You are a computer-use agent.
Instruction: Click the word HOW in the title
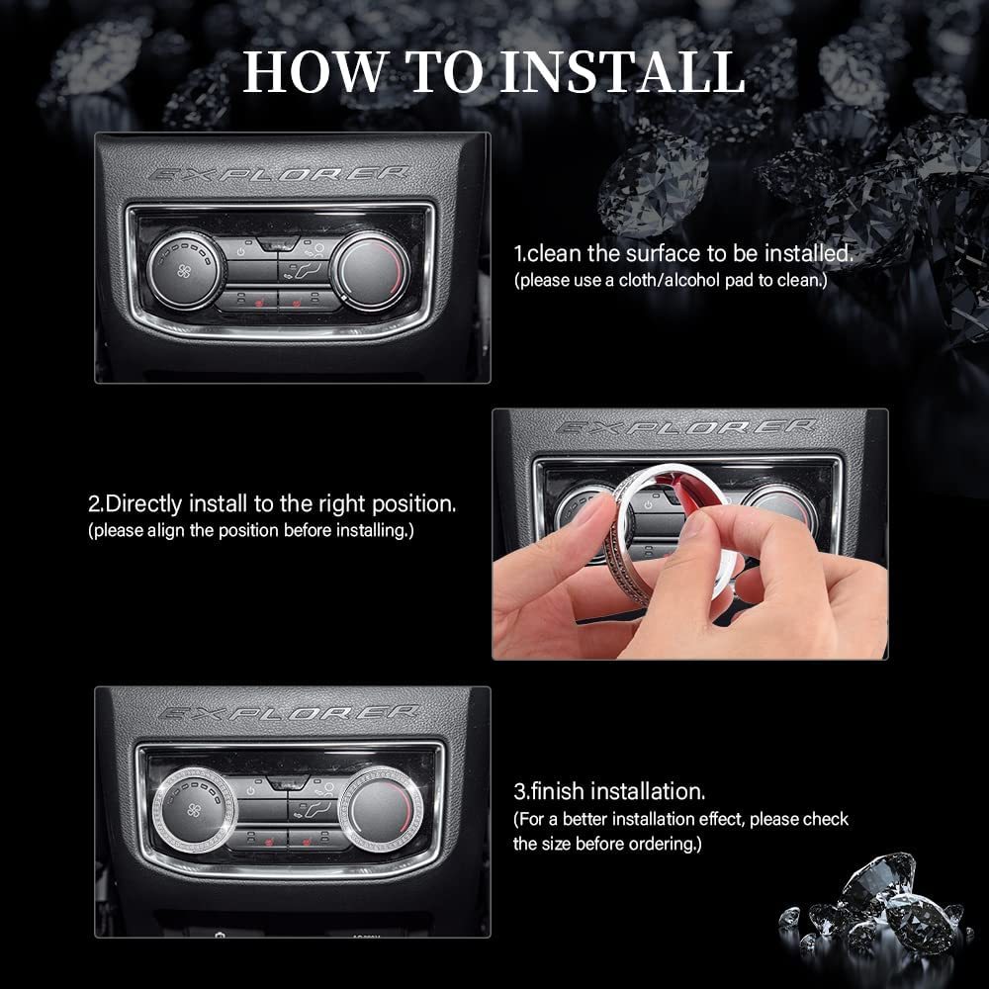pos(315,71)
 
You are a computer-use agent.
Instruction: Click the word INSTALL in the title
pos(623,71)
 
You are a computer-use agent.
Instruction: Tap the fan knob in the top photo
pos(184,270)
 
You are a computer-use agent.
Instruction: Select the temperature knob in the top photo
pos(370,271)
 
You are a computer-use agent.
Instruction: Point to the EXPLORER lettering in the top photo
pos(278,174)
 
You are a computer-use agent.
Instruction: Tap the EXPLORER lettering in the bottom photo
pos(288,713)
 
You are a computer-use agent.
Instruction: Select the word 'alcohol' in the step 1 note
pos(688,280)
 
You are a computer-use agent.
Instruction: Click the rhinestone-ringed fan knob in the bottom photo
pos(194,809)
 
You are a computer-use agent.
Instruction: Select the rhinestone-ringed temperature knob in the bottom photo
pos(382,809)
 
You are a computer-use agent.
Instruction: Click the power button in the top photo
pos(241,251)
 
